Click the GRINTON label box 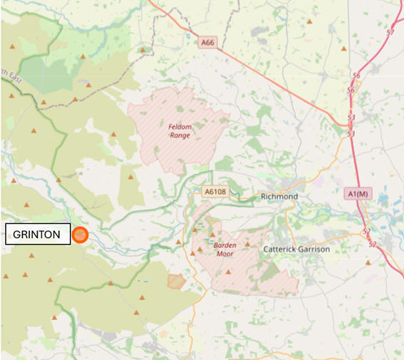pyautogui.click(x=38, y=235)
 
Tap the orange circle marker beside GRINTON pyautogui.click(x=80, y=235)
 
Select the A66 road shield pyautogui.click(x=207, y=43)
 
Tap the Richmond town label pyautogui.click(x=279, y=196)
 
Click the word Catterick pyautogui.click(x=281, y=249)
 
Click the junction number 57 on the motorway pyautogui.click(x=390, y=33)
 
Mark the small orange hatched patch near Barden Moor pyautogui.click(x=176, y=281)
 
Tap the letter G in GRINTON pyautogui.click(x=17, y=235)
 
